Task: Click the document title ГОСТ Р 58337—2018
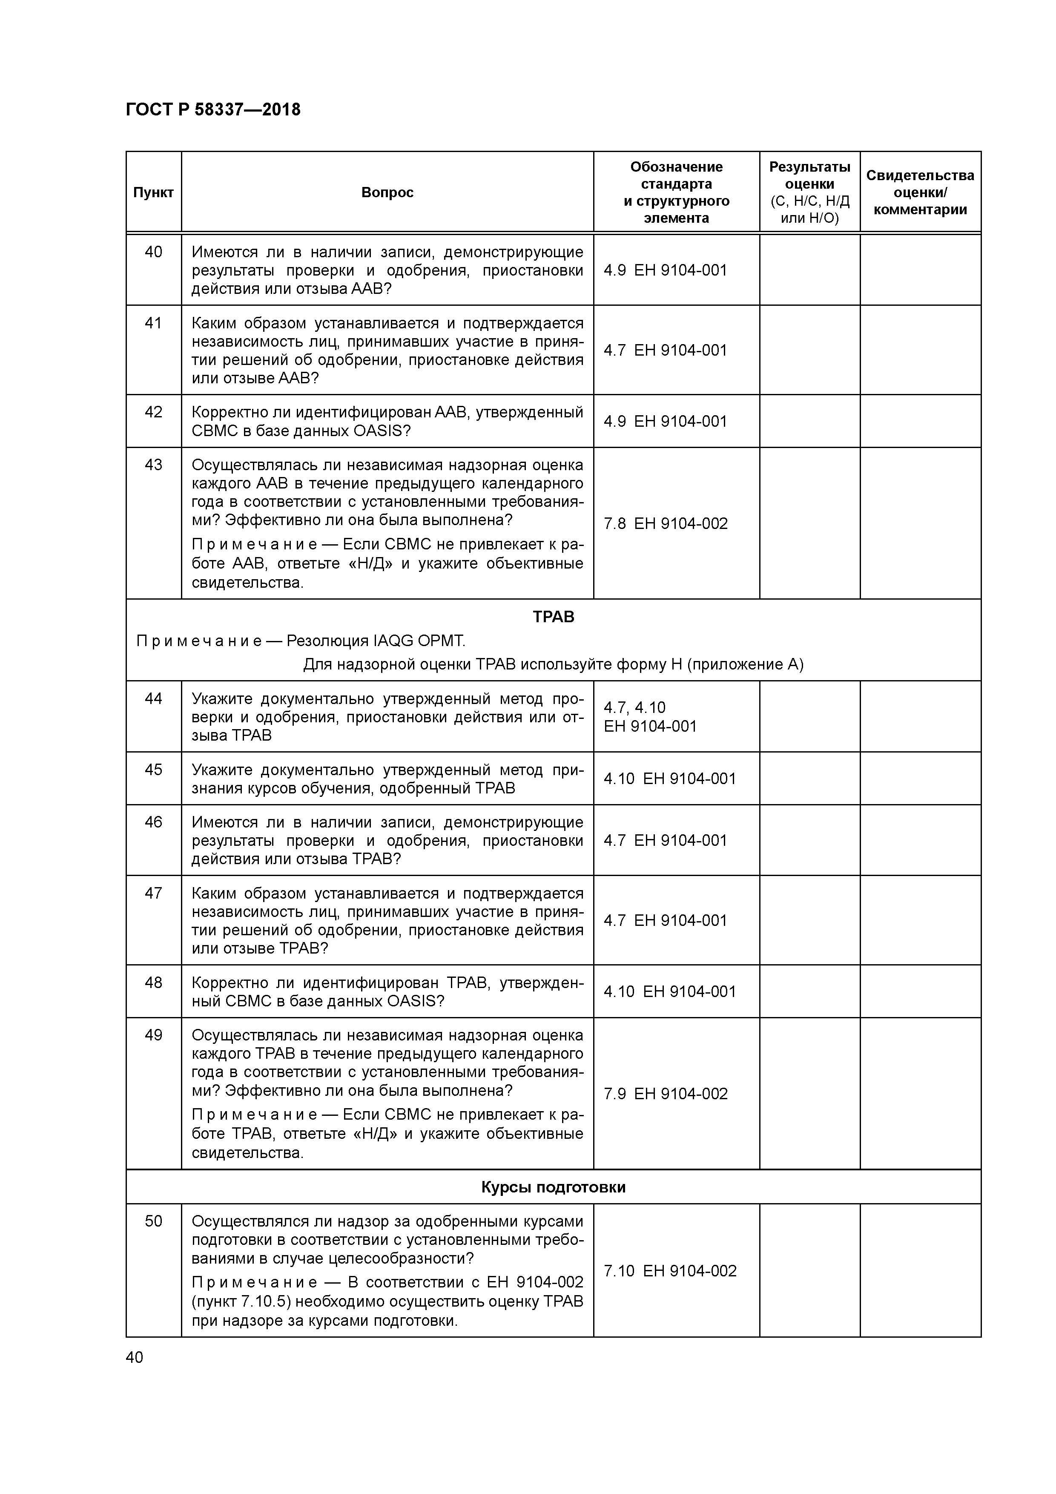pos(213,110)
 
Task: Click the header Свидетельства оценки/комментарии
pos(920,192)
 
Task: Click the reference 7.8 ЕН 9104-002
pos(666,524)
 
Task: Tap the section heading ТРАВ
pos(553,617)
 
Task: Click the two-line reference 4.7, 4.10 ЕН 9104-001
pos(650,717)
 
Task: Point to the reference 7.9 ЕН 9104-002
pos(666,1094)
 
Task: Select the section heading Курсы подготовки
pos(553,1187)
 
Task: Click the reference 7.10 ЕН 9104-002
pos(670,1271)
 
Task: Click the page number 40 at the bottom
pos(134,1357)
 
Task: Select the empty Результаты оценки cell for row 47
pos(809,920)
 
